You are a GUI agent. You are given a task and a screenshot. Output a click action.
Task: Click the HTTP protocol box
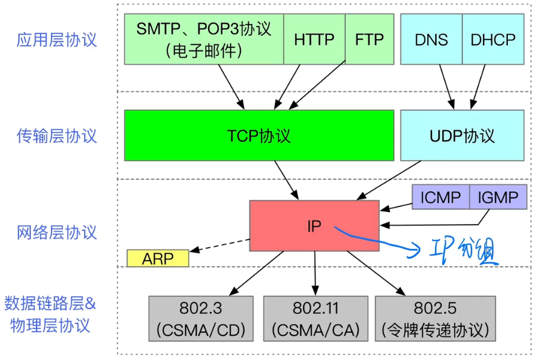pos(314,39)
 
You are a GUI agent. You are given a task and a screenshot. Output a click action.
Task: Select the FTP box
pos(370,39)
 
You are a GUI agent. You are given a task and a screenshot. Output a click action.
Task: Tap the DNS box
pos(431,39)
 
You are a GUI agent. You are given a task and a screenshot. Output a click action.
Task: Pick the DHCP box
pos(493,39)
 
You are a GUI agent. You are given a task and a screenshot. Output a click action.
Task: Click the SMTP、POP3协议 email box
pos(204,39)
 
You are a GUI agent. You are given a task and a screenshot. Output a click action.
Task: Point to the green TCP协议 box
pos(259,135)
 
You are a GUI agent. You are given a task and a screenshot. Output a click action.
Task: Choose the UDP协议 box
pos(462,135)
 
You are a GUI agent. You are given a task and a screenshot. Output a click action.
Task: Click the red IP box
pos(314,226)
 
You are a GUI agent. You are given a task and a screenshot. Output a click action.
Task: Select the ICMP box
pos(441,197)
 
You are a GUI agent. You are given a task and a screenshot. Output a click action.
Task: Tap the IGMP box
pos(498,197)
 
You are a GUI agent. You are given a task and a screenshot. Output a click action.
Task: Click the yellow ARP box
pos(158,258)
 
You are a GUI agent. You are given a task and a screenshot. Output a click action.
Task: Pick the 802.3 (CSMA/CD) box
pos(201,319)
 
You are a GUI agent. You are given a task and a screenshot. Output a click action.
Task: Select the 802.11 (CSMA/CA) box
pos(316,319)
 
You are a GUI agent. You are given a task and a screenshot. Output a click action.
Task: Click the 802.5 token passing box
pos(435,319)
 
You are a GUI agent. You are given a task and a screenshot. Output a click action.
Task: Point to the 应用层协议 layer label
pos(57,39)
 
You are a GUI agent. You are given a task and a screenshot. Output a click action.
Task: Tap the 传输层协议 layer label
pos(57,136)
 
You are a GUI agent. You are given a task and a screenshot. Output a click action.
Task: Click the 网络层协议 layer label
pos(57,233)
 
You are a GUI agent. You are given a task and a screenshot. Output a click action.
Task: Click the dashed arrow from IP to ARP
pos(220,245)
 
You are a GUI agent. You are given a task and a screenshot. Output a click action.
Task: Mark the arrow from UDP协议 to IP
pos(389,180)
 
